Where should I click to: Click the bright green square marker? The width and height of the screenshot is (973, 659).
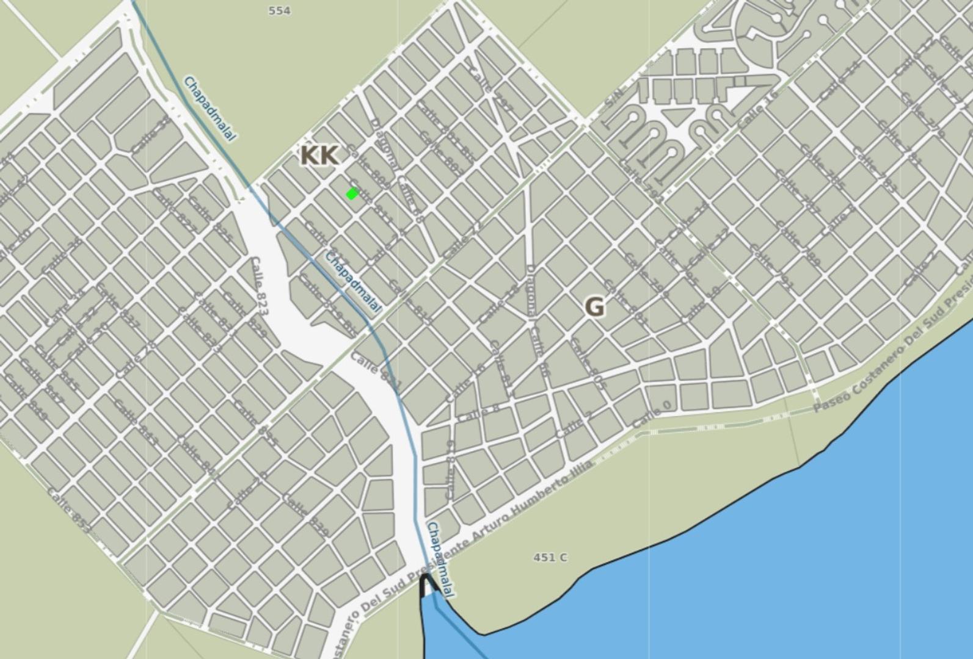coord(352,193)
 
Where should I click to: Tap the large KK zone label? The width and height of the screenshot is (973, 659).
coord(318,156)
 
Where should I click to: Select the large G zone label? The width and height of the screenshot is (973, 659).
coord(594,306)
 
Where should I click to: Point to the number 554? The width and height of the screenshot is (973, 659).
coord(279,10)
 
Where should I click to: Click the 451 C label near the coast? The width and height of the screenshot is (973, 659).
coord(550,557)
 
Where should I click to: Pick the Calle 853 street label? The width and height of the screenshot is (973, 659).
coord(68,511)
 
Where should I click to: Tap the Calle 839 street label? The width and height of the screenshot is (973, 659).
coord(306,515)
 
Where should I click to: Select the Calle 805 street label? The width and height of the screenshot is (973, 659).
coord(588,364)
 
